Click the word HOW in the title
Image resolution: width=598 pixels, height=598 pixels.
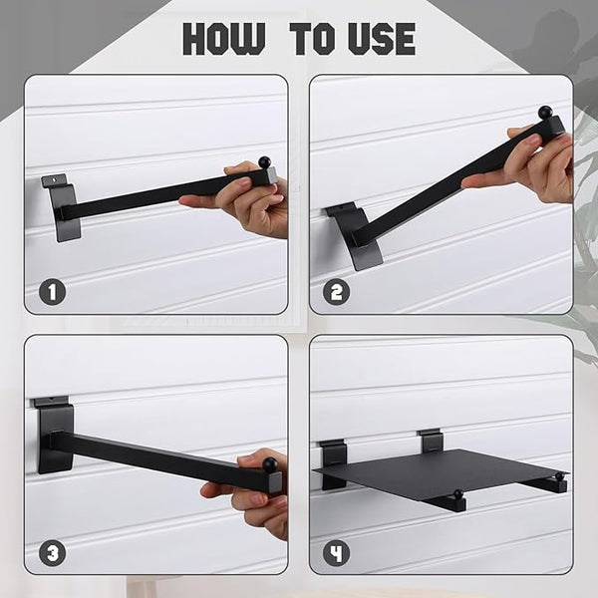click(x=224, y=39)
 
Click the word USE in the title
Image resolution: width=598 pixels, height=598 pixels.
click(x=382, y=39)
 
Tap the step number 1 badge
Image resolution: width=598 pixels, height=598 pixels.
click(x=52, y=291)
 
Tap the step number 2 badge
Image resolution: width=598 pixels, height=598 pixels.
click(x=336, y=291)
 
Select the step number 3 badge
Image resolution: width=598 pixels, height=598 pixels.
click(x=52, y=553)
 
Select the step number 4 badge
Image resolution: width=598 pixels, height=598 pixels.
click(x=336, y=553)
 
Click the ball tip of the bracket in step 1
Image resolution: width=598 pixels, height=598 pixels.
click(x=263, y=161)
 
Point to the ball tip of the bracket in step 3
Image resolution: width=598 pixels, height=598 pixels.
click(x=270, y=464)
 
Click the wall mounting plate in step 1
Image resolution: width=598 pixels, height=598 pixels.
click(x=62, y=208)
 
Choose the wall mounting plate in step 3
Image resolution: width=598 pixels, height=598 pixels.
click(x=54, y=435)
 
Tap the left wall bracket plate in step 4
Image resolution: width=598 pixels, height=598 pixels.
click(x=332, y=463)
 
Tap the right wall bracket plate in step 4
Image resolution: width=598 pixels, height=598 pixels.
click(x=430, y=440)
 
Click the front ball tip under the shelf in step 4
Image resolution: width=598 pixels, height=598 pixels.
click(x=457, y=494)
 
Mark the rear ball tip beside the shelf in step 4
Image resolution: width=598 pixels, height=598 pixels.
click(x=559, y=476)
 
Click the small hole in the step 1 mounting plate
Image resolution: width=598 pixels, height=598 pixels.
click(x=56, y=177)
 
